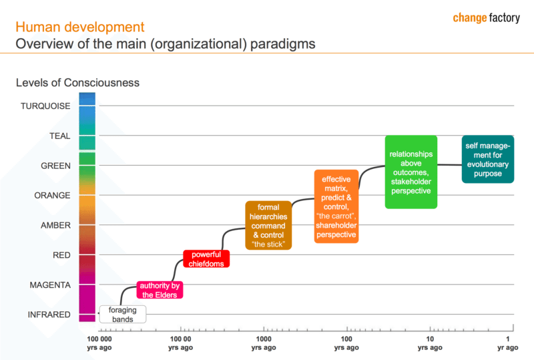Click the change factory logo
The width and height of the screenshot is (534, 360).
click(x=485, y=18)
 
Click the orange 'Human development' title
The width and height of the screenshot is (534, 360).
click(x=79, y=27)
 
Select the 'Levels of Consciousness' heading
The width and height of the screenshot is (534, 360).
click(x=77, y=83)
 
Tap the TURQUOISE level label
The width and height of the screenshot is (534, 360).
click(x=45, y=106)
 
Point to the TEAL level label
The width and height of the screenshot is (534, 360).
click(x=59, y=136)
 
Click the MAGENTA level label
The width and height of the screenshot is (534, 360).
click(x=50, y=285)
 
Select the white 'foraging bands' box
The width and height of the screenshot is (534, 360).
click(x=122, y=314)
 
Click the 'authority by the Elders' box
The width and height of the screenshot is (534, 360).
click(x=159, y=290)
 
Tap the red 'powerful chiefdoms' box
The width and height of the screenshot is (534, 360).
click(x=206, y=258)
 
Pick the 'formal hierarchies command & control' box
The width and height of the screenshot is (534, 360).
click(x=268, y=226)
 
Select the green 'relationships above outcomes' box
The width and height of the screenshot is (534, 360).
click(x=411, y=172)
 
